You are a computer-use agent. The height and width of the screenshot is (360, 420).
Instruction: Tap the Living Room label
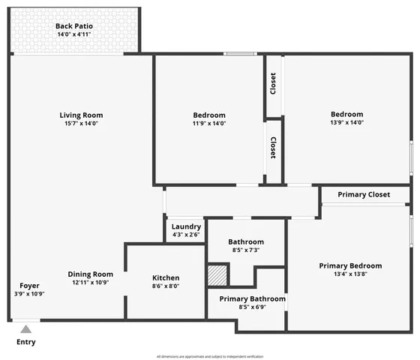(x=81, y=115)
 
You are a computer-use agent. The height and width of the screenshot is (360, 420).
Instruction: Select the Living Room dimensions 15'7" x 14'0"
(x=81, y=124)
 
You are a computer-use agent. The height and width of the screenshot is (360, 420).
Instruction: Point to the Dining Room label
(x=91, y=274)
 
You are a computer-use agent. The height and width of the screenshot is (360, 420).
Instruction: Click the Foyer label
(x=30, y=286)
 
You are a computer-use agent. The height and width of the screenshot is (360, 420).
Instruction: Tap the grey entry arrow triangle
(x=25, y=328)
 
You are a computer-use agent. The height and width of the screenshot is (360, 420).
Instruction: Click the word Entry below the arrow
(x=25, y=343)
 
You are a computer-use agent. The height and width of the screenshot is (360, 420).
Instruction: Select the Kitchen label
(x=166, y=277)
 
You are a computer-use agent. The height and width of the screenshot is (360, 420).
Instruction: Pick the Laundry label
(x=186, y=226)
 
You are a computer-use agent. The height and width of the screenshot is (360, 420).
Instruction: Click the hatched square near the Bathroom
(x=217, y=274)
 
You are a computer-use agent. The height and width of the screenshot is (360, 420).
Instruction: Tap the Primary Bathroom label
(x=252, y=298)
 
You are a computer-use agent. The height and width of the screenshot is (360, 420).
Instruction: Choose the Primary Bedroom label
(x=350, y=265)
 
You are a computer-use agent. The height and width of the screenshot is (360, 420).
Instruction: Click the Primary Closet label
(x=364, y=195)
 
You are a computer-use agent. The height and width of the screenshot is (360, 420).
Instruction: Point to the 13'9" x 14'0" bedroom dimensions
(x=347, y=123)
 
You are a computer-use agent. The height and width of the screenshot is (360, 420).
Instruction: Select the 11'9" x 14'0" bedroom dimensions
(x=209, y=124)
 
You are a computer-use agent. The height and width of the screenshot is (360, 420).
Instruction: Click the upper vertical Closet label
(x=274, y=84)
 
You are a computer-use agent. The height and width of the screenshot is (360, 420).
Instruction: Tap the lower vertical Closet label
(x=274, y=147)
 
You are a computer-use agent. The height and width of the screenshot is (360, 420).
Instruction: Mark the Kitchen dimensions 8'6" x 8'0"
(x=166, y=286)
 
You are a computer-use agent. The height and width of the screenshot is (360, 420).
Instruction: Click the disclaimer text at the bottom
(x=209, y=356)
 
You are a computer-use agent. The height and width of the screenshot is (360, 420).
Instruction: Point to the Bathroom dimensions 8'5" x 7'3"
(x=246, y=250)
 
